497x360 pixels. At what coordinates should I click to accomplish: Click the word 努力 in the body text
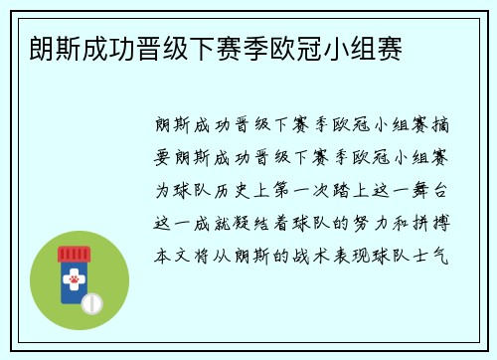point(376,221)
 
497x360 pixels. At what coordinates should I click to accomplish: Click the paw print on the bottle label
point(74,282)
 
